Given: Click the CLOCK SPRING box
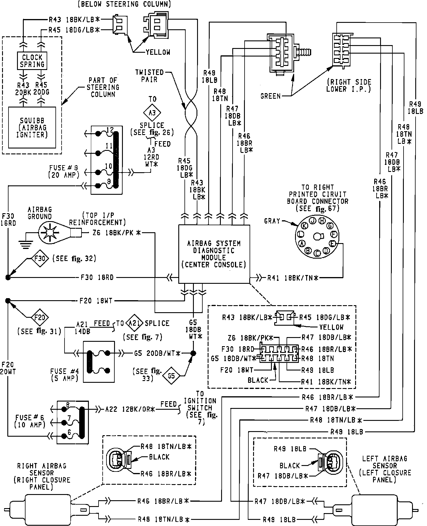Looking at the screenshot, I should click(x=32, y=61).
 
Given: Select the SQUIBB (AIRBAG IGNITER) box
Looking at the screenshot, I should click(x=32, y=127).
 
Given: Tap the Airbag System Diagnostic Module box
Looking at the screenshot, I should click(x=214, y=254).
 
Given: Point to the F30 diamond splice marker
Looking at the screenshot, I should click(x=40, y=259).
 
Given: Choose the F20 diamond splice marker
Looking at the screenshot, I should click(x=40, y=317).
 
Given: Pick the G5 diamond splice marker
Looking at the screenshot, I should click(x=172, y=375).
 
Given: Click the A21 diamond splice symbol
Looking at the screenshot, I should click(x=134, y=323).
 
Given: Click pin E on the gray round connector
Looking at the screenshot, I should click(x=332, y=243).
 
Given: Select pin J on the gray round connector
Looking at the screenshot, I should click(x=313, y=221).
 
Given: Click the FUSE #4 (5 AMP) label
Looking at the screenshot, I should click(x=64, y=375).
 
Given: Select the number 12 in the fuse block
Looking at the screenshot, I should click(x=110, y=129).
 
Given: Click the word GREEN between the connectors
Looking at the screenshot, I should click(x=270, y=96).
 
